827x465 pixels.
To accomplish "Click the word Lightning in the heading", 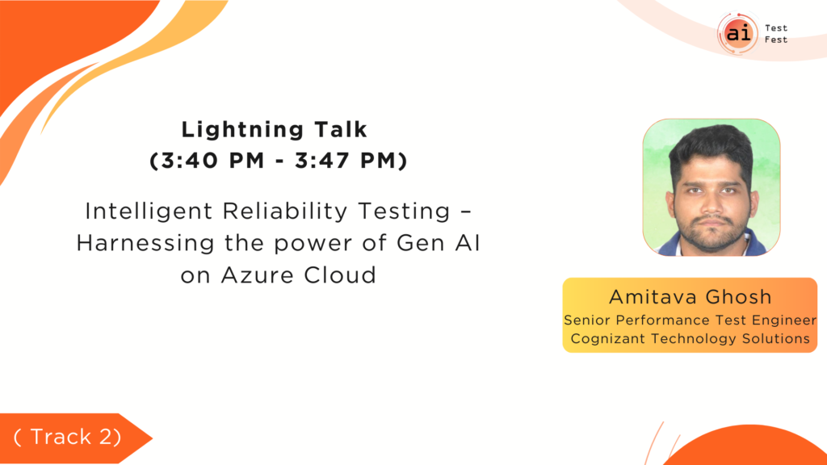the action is click(242, 130).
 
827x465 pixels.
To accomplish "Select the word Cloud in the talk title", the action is click(340, 275).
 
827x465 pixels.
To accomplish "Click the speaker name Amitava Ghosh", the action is click(691, 297).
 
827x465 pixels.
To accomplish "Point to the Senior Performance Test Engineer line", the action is click(690, 320).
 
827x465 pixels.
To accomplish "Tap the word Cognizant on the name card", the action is click(608, 339).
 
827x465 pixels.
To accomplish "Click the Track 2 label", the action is click(68, 437).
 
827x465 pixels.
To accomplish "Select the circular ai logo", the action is click(738, 33).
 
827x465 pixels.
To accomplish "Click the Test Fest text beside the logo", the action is click(776, 34).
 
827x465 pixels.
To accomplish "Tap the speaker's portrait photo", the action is click(711, 187).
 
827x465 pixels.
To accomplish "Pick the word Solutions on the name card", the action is click(776, 338).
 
